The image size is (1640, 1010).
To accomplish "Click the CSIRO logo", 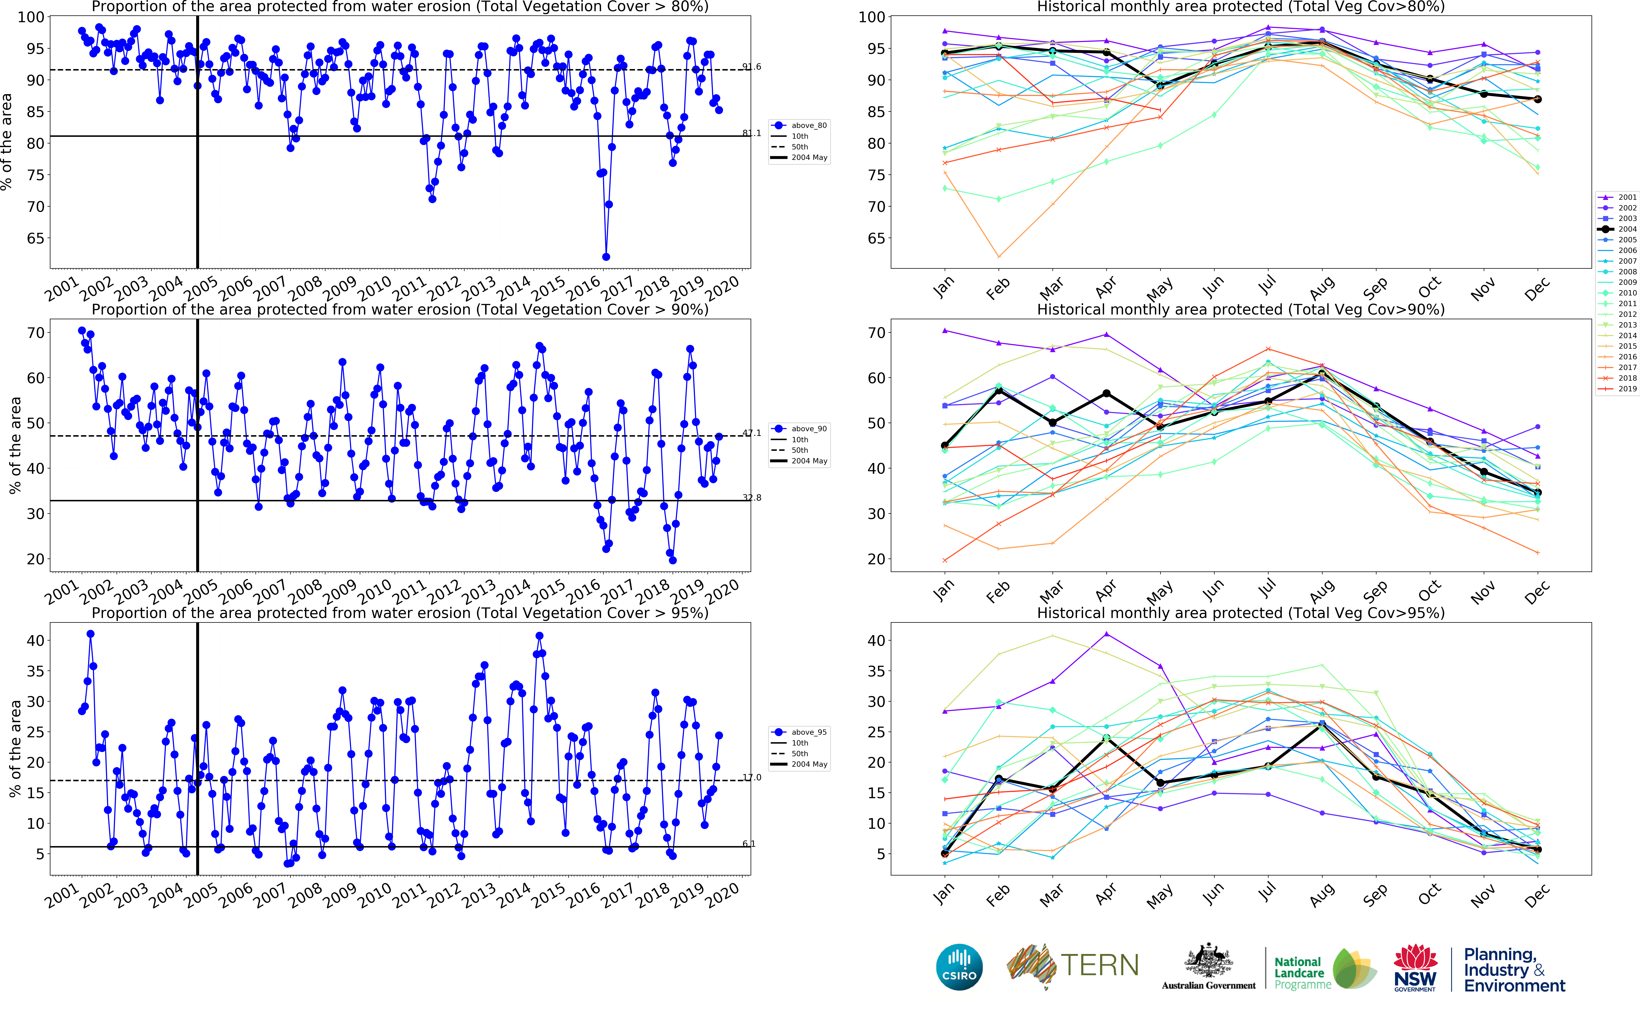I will (x=959, y=967).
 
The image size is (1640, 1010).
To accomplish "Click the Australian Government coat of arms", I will (x=1209, y=962).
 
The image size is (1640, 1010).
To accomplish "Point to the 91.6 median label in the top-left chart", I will (x=751, y=67).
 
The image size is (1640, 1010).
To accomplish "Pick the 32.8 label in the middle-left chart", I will (x=751, y=498).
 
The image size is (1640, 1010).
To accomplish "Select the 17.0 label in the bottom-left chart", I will (x=751, y=778).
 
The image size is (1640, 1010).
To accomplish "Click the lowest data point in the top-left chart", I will (x=606, y=256).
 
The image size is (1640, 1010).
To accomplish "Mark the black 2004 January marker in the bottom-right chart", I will (x=945, y=854).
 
